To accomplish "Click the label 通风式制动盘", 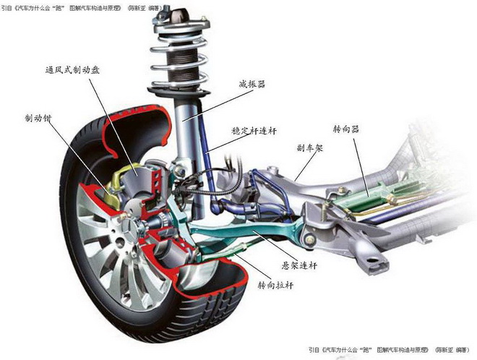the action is click(x=72, y=70).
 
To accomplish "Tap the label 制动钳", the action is click(x=38, y=118).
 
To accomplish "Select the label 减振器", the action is click(x=252, y=84).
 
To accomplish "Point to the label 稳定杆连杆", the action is click(x=254, y=131).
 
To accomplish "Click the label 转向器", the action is click(x=346, y=129).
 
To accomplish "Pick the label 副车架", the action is click(x=309, y=148).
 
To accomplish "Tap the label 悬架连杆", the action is click(x=300, y=265).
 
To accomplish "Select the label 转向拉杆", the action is click(x=276, y=285).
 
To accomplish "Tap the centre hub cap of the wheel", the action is click(x=129, y=228).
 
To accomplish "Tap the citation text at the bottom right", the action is click(x=389, y=350).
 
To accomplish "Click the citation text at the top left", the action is click(x=82, y=8).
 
